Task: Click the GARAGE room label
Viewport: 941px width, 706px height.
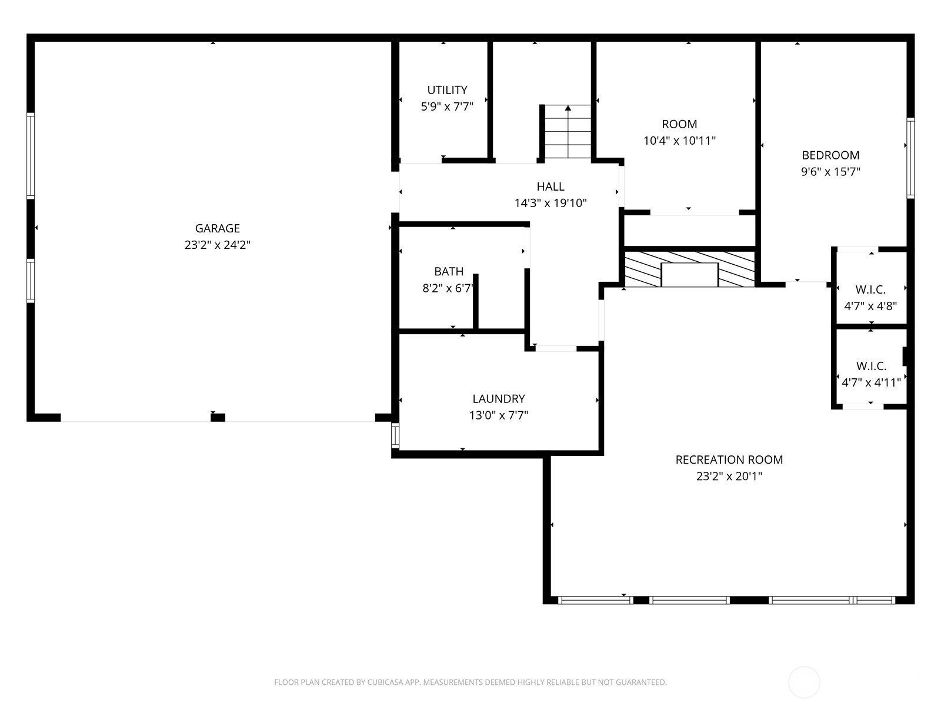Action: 218,228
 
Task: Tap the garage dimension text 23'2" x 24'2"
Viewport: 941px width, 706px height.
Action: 218,245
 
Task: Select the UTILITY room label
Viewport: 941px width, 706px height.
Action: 447,90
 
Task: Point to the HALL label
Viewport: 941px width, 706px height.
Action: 550,187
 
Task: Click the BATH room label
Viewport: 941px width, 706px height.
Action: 449,271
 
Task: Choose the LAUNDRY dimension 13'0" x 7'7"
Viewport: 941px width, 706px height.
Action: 499,415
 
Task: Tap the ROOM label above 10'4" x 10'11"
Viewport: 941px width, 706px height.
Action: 679,124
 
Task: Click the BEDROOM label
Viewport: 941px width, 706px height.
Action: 830,155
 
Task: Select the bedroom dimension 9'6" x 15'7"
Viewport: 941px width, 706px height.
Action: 830,172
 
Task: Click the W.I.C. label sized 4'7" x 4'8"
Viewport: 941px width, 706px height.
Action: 870,289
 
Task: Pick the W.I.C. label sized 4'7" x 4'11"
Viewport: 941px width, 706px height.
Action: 871,366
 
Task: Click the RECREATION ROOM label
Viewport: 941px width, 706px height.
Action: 729,459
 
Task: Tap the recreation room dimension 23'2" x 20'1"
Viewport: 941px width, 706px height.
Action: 729,476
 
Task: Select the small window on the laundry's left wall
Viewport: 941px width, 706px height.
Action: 395,435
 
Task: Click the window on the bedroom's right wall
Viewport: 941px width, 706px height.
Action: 910,157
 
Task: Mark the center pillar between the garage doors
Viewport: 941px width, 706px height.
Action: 218,418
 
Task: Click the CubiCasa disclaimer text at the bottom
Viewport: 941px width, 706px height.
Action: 470,682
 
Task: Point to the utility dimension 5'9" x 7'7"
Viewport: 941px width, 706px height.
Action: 447,106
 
